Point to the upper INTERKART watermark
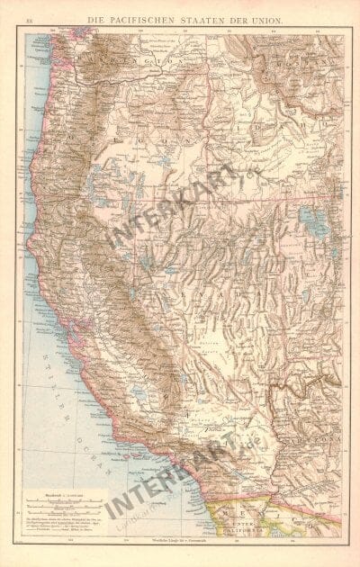[171, 207]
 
